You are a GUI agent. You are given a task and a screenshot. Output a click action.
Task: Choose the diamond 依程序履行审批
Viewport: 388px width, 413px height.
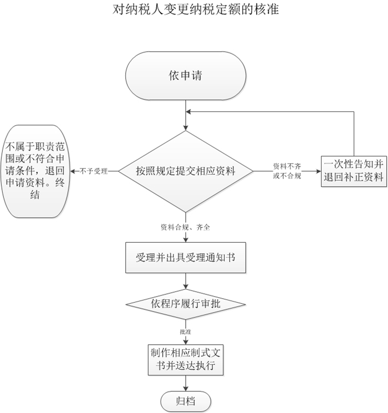pos(186,304)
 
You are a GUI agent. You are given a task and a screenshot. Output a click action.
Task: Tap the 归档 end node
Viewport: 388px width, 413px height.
pos(186,400)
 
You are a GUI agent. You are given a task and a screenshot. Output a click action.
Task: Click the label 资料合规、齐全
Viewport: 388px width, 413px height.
pos(185,227)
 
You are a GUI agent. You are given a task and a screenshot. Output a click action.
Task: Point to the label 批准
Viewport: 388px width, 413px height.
pos(186,330)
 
